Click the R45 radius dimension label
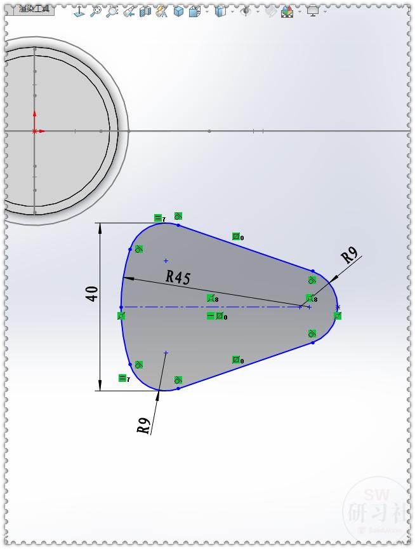tap(178, 276)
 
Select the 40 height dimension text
tap(92, 294)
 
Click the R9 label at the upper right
tap(350, 255)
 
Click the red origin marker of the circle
tap(34, 131)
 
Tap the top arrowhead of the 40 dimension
tap(100, 228)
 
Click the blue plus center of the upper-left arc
tap(166, 261)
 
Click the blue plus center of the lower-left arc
tap(166, 353)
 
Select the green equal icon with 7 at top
tap(158, 219)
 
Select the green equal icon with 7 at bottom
tap(122, 379)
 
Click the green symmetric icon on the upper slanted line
tap(236, 237)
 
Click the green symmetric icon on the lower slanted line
tap(236, 360)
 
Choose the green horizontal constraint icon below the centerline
tap(211, 316)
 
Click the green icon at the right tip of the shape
tap(338, 316)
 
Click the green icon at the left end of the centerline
tap(121, 316)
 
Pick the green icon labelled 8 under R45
tap(211, 298)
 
